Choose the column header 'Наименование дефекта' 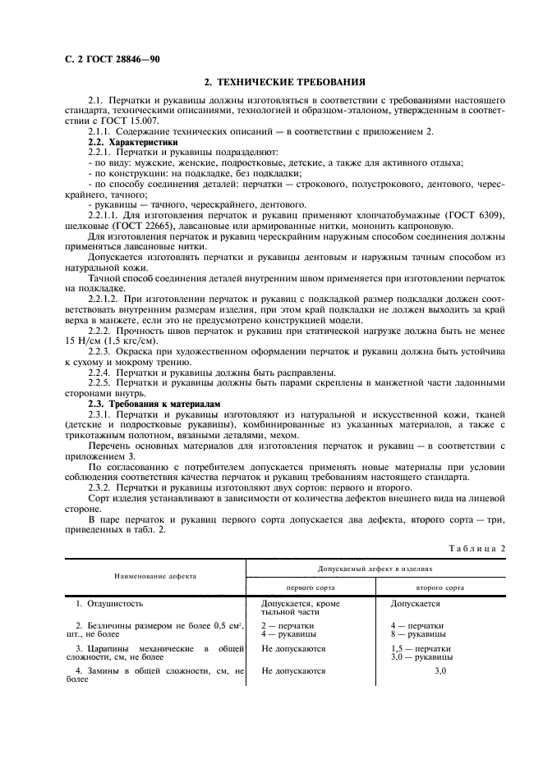(x=155, y=576)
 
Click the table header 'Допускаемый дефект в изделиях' (x=375, y=568)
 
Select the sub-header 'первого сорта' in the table (x=310, y=587)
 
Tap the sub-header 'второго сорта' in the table (x=439, y=587)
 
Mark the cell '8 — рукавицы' (x=418, y=634)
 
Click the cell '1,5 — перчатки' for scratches (x=421, y=648)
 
